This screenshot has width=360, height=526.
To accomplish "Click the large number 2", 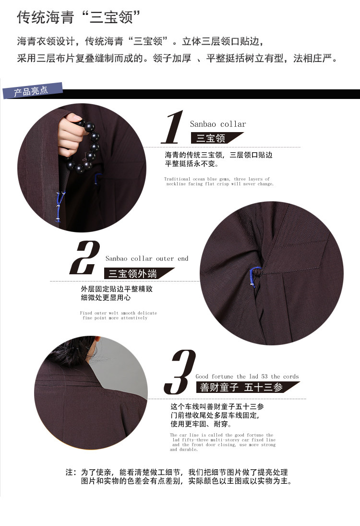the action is click(85, 257).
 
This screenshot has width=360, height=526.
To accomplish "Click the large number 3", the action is click(180, 372).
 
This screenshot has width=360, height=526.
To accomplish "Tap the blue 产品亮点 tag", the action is click(33, 91).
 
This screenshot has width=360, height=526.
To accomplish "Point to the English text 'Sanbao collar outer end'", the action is click(147, 258).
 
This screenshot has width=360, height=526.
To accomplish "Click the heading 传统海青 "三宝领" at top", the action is click(78, 17).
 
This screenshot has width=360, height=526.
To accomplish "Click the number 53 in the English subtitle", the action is click(264, 377).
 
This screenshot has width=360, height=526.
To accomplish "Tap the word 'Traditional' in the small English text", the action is click(177, 179).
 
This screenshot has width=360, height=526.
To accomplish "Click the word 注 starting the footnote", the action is click(70, 472).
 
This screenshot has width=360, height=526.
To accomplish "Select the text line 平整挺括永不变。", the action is click(192, 164).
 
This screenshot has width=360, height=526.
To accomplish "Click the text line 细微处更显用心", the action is click(106, 297).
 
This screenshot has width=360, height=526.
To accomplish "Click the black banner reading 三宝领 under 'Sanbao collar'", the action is click(216, 138).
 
